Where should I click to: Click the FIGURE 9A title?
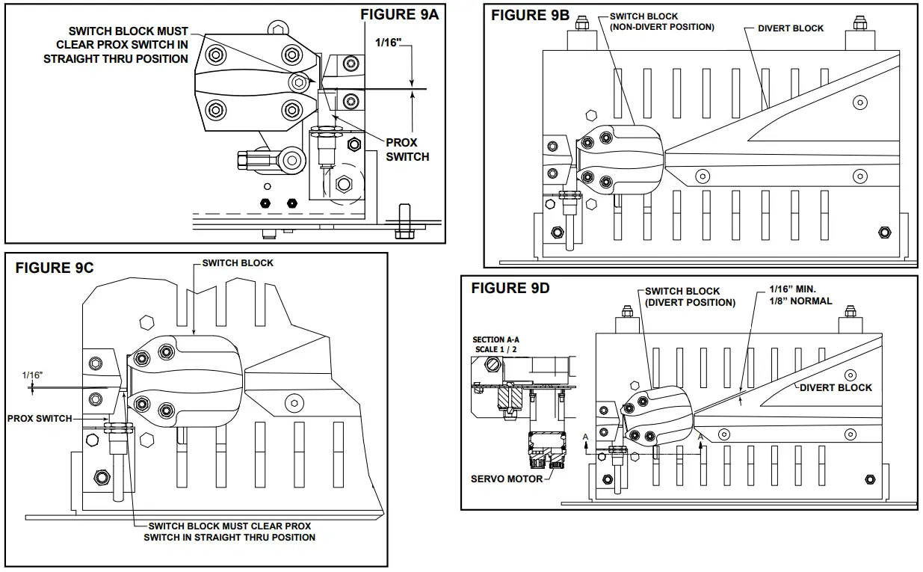tap(401, 14)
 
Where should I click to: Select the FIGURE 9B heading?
tap(530, 16)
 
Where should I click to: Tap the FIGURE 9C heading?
tap(55, 268)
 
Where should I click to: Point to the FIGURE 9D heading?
tap(510, 289)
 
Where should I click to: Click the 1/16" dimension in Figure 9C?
tap(32, 374)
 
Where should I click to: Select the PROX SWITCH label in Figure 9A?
tap(407, 150)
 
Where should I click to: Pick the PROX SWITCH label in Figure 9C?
tap(40, 419)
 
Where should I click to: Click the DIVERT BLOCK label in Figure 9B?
tap(790, 28)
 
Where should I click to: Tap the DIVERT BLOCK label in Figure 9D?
tap(836, 387)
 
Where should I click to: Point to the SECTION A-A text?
tap(496, 340)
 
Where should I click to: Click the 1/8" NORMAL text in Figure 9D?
tap(800, 301)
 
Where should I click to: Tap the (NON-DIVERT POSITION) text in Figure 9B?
tap(661, 27)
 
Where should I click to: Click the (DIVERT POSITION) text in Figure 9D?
tap(690, 303)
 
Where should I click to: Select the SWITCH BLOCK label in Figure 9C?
tap(238, 263)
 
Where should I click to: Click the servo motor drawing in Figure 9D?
tap(546, 452)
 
